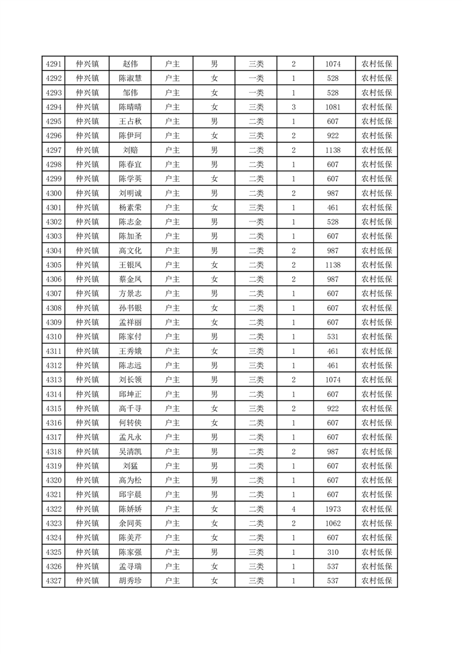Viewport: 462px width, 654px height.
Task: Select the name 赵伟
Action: [130, 64]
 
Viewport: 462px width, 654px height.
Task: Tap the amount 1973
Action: [333, 509]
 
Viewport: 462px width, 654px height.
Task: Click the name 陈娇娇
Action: [130, 509]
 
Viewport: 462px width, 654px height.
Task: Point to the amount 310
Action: [333, 552]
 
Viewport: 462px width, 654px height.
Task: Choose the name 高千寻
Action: [130, 409]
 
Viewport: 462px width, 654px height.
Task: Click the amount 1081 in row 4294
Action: [333, 107]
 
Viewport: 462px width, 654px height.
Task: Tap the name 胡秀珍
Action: [130, 581]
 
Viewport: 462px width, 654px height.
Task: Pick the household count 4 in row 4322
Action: [294, 509]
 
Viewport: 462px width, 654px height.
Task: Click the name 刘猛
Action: [130, 466]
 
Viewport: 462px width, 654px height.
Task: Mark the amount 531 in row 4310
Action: [333, 336]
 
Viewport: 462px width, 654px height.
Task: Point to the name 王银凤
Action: [130, 265]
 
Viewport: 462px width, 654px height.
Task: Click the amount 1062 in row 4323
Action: [333, 523]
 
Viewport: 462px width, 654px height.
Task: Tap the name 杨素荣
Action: [130, 208]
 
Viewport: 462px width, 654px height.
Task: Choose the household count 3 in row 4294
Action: [294, 107]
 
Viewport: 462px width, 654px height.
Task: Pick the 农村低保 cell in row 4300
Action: [376, 193]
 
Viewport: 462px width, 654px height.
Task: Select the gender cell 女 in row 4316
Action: [214, 423]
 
